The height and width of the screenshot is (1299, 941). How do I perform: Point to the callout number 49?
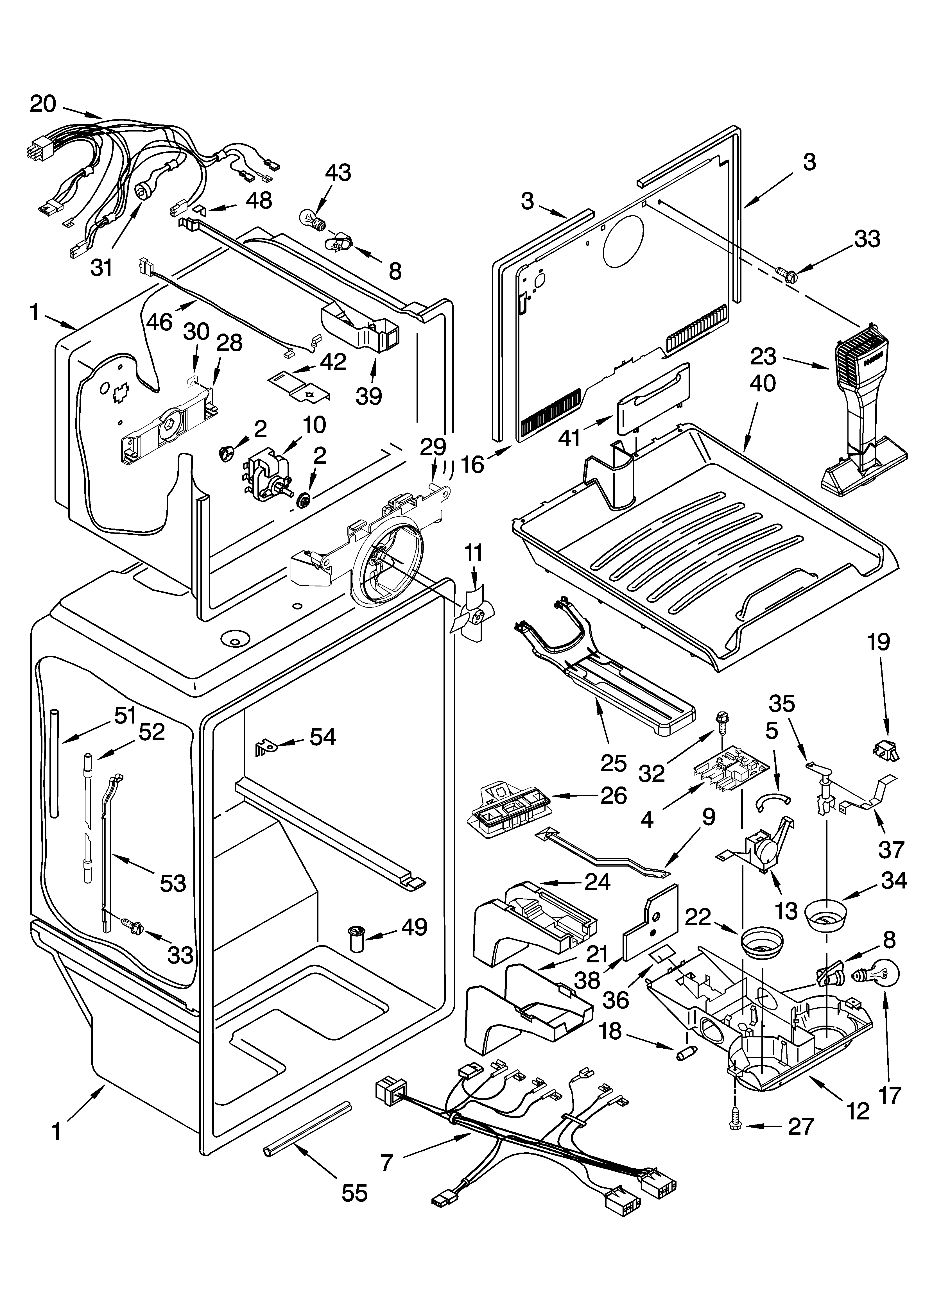tap(414, 927)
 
